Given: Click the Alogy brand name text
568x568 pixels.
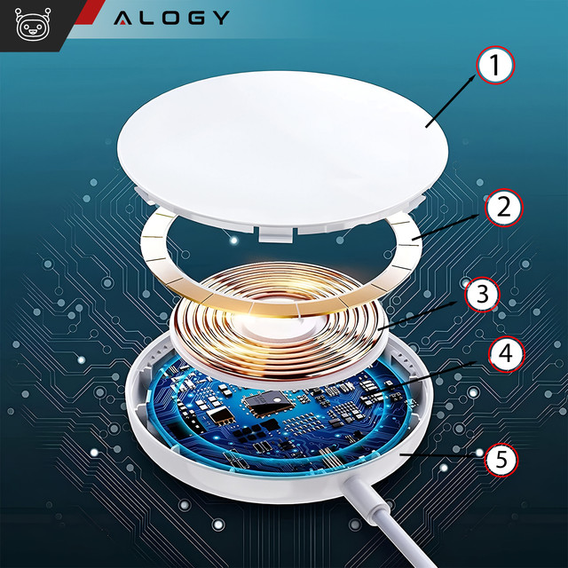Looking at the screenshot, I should [x=171, y=18].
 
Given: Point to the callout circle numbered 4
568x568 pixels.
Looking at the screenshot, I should [x=502, y=352].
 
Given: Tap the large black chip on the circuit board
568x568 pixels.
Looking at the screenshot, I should [x=264, y=406].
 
